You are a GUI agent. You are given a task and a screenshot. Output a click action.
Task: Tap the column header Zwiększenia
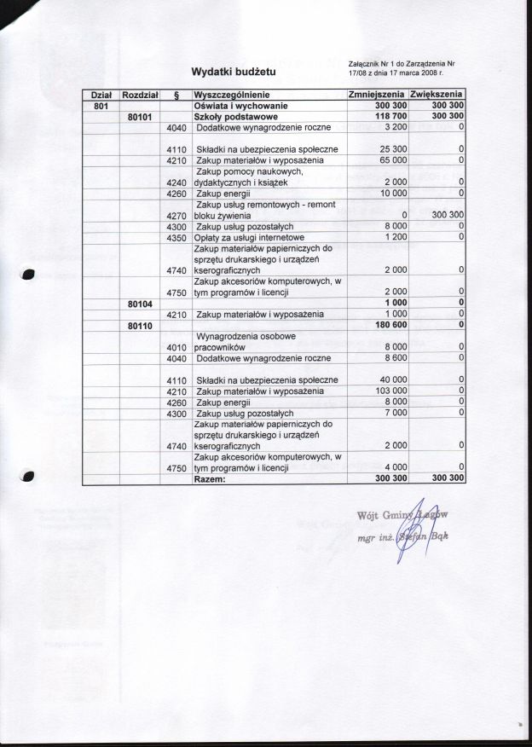pos(437,94)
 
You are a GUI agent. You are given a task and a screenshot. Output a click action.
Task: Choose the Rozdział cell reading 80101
pos(140,116)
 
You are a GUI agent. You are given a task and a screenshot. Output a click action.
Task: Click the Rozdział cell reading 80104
pos(140,304)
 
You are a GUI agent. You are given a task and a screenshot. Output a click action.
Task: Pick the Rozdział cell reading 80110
pos(140,326)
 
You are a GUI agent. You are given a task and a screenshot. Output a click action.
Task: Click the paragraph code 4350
pos(176,237)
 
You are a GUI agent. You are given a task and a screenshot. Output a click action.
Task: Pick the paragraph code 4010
pos(176,348)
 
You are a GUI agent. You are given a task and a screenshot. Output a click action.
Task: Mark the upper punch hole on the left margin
pos(28,274)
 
